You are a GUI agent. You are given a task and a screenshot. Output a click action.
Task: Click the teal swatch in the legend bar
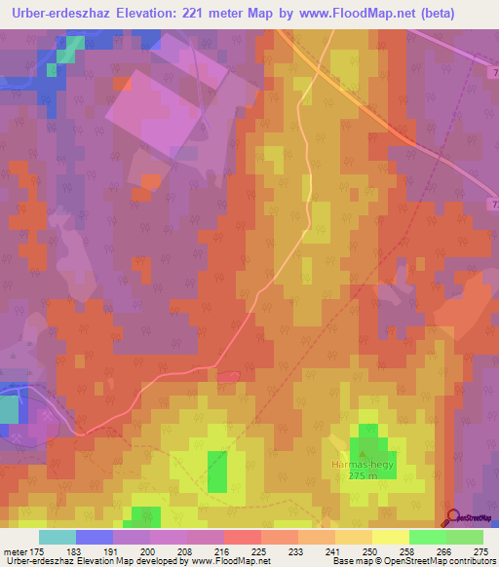[x=58, y=537]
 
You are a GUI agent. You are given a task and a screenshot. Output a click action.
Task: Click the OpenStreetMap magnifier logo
[x=452, y=517]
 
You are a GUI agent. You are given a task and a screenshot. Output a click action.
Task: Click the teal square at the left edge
[x=8, y=408]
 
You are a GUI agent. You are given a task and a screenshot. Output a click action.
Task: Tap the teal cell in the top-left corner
[x=64, y=56]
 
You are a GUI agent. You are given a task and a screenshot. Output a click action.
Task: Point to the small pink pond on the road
[x=228, y=375]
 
